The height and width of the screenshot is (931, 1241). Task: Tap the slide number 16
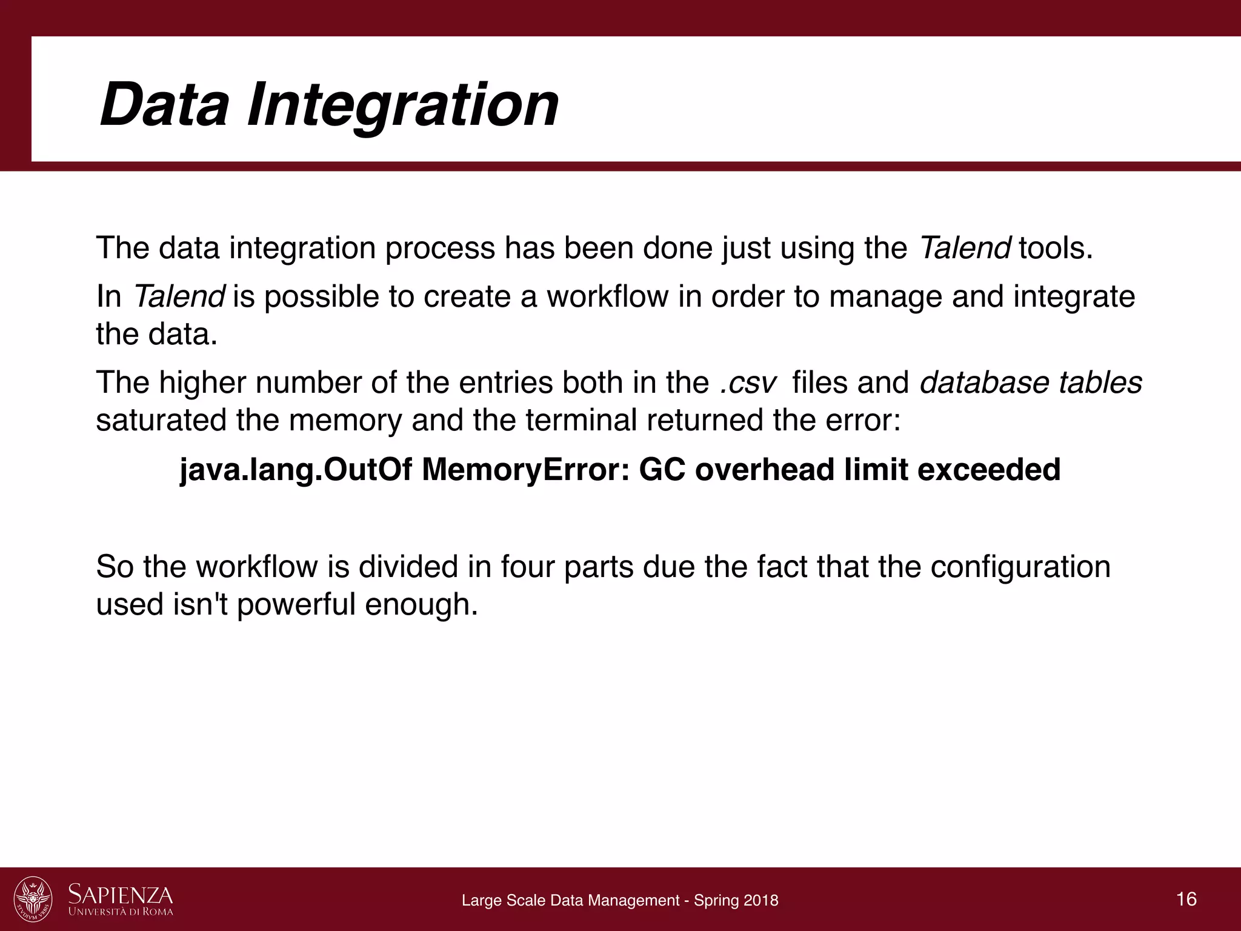point(1186,898)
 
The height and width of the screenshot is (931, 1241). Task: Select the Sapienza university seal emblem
point(33,899)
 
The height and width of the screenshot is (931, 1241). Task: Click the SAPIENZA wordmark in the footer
point(121,894)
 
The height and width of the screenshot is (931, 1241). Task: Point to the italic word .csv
point(748,383)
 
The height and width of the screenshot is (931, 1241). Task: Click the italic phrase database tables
point(1031,383)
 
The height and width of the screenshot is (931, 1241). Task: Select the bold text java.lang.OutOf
point(296,470)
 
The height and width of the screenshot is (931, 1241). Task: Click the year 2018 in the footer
point(762,900)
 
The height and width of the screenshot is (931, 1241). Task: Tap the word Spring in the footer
point(713,900)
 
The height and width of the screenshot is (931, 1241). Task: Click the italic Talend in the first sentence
point(964,248)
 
